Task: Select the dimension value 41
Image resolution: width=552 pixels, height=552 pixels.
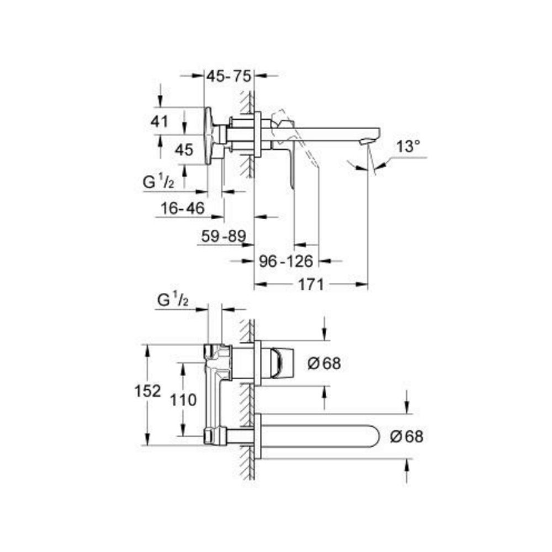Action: (x=160, y=121)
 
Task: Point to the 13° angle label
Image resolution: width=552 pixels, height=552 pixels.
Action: (x=408, y=147)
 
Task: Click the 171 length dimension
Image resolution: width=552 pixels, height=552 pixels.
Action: (x=311, y=285)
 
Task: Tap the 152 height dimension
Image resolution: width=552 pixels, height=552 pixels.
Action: (x=147, y=391)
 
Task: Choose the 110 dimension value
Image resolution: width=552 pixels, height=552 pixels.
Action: (x=183, y=399)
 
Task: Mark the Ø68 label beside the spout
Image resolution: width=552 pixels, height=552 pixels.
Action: (x=406, y=436)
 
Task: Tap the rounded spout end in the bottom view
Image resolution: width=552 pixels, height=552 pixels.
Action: (x=373, y=436)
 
